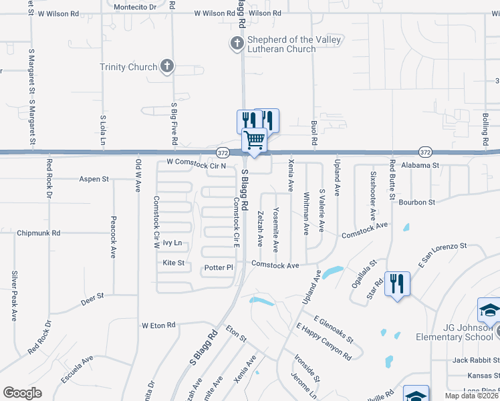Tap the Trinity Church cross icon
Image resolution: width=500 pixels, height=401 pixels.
[166, 67]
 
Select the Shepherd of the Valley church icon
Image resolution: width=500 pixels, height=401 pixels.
[237, 45]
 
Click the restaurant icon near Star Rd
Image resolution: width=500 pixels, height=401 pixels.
[397, 284]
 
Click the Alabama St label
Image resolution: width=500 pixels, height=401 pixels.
[420, 165]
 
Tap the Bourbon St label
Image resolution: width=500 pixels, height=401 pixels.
[417, 202]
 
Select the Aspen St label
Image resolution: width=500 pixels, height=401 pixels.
[94, 179]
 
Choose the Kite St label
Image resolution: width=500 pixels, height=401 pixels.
[173, 263]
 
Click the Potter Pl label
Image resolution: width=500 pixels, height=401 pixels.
[219, 267]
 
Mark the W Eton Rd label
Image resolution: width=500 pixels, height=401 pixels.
[158, 325]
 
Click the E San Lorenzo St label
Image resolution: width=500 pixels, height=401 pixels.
[442, 254]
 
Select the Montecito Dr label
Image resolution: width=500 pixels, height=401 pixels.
[134, 7]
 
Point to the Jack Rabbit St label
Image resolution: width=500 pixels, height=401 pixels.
[475, 360]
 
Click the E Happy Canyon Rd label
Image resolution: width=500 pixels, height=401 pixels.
[324, 341]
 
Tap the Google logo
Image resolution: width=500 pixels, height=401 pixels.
[22, 393]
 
